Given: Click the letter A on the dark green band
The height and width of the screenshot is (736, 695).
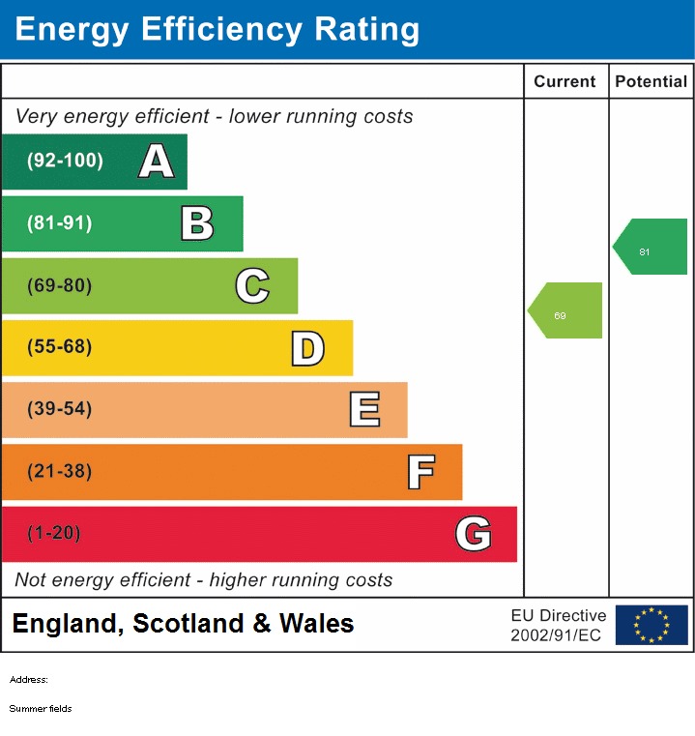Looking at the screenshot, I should point(157,162).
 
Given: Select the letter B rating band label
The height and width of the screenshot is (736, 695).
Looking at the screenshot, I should point(197,223).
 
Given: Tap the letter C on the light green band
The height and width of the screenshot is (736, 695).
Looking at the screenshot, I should point(252,285).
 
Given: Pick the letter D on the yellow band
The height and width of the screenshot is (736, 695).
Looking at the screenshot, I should point(307,348).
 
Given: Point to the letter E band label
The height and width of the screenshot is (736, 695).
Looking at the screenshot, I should point(363,410).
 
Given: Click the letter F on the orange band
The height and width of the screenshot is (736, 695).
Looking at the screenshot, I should point(420,472).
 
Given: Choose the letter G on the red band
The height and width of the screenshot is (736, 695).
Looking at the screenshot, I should point(474,534).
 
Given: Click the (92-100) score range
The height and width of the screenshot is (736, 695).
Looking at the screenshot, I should point(65,162).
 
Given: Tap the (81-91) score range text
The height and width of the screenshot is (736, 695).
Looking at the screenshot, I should point(60,223).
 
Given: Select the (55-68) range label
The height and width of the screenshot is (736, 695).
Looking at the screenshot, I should point(60,347).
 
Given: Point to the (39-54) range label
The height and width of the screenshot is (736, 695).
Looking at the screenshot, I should point(60,409).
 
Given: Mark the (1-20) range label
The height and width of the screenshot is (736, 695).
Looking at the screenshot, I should point(54,533).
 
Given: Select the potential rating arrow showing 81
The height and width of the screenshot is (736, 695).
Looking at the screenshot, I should point(651,247).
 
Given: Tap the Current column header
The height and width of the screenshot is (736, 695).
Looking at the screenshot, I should point(565,82).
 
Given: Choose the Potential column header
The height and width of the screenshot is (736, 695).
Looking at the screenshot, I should point(651,82).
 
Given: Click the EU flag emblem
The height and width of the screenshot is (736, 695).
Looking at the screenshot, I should point(652,625).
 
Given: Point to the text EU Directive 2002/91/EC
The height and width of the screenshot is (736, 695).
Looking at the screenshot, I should point(558,625).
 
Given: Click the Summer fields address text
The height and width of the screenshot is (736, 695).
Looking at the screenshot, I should point(41,709).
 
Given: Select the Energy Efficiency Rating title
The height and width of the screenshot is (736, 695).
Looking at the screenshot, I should point(217,30).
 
